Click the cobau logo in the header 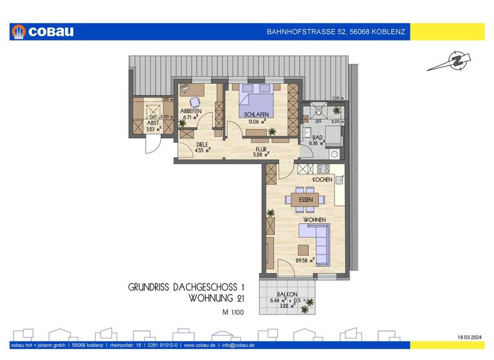coord(42,32)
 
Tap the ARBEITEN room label coord(191,111)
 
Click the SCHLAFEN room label coord(256,114)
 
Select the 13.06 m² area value coord(256,122)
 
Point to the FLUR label coord(261,147)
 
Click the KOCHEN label coord(322,179)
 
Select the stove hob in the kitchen coord(323,169)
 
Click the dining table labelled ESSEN coord(306,200)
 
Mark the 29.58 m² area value coord(304,260)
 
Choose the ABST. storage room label coord(152,123)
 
